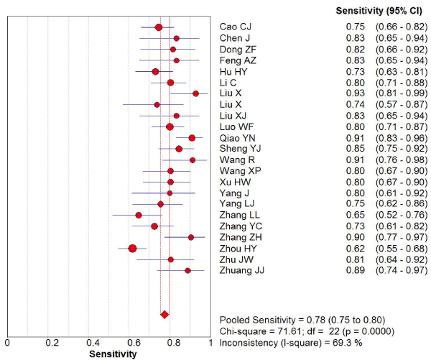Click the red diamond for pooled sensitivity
pos(164,314)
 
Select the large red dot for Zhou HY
pos(132,248)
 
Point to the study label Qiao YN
pos(236,137)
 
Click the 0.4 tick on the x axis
pos(92,343)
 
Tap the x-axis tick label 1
pos(213,343)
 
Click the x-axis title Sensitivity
pos(112,354)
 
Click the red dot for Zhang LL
pos(139,215)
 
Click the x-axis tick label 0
pos(7,343)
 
